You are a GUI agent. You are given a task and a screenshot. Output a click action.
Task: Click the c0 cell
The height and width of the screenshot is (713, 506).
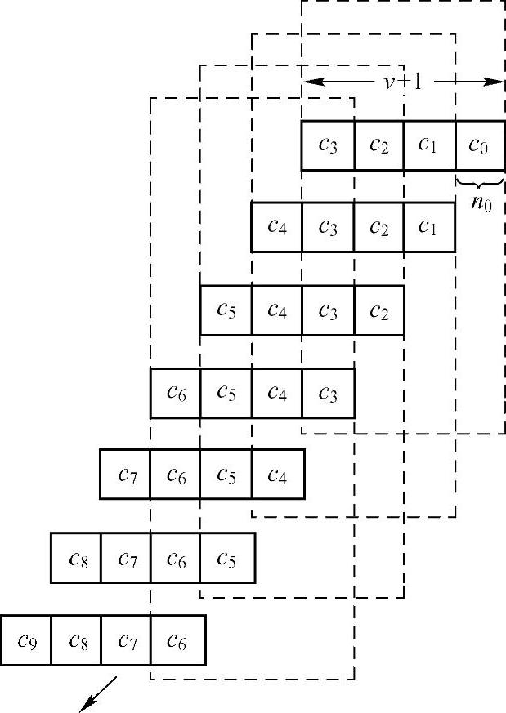pos(479,145)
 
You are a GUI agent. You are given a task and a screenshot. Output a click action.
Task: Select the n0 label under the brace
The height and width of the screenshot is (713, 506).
pos(481,200)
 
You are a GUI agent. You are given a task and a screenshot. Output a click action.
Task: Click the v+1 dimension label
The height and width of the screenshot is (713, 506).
pos(403,82)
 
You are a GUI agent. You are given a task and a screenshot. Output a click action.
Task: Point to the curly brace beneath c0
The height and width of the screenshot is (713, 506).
pos(479,181)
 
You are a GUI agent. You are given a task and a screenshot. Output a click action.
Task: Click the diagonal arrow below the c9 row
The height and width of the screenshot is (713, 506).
pos(99,693)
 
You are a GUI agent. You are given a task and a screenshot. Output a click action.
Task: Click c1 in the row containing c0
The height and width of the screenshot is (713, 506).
pos(428,145)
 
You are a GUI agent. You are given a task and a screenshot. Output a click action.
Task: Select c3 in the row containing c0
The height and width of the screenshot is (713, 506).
pos(328,145)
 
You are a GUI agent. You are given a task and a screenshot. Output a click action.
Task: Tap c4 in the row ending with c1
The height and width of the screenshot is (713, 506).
pos(276,226)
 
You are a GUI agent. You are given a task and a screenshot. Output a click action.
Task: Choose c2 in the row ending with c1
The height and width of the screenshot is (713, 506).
pos(378,226)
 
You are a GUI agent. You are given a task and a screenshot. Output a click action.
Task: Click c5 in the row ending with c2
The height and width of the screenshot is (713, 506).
pos(226,310)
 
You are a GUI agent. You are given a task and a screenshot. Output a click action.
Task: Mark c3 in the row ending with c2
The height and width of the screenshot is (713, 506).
pos(328,310)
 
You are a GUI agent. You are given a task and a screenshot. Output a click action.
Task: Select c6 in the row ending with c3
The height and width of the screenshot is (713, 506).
pos(175,393)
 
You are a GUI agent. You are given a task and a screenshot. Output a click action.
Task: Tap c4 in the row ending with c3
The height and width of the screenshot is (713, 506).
pos(277,393)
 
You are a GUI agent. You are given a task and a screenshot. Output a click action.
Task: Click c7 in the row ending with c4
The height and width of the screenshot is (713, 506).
pos(125,474)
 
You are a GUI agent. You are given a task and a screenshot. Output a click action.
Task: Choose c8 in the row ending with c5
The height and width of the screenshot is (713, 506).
pos(75,558)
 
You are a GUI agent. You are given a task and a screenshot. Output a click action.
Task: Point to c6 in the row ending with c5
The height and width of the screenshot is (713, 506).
pos(176,558)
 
